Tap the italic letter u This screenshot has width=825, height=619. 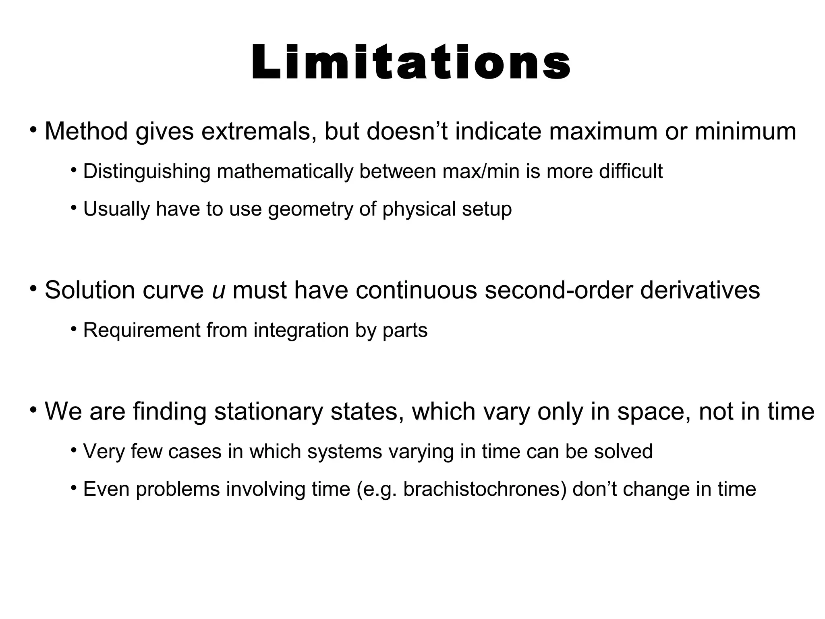coord(218,290)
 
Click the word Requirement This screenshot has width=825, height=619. coord(141,330)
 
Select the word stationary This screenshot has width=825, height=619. coord(268,411)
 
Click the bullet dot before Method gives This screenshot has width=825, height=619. coord(33,130)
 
